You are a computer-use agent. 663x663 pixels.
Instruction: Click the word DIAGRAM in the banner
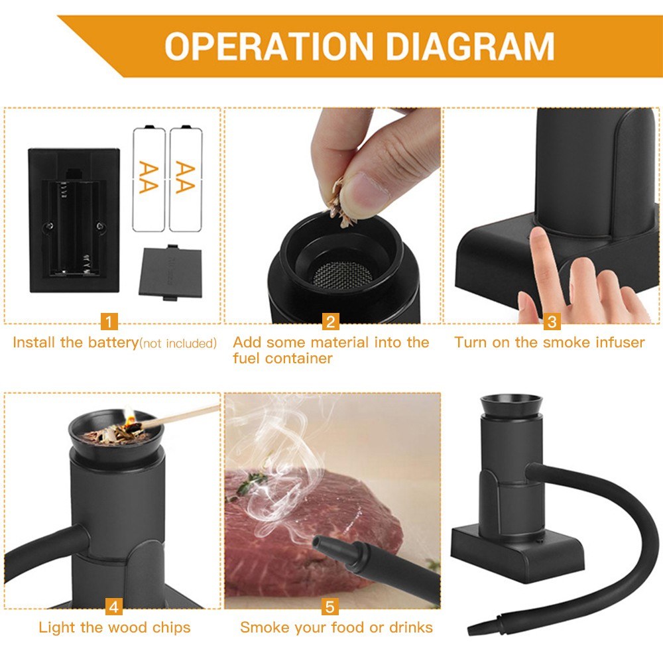click(470, 46)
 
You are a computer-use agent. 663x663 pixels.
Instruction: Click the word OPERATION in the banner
click(269, 46)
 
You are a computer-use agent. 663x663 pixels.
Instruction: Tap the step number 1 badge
click(109, 322)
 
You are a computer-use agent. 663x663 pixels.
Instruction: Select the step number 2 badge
click(331, 322)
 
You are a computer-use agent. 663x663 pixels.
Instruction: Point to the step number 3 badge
click(552, 322)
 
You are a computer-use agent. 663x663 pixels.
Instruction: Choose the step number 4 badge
click(114, 607)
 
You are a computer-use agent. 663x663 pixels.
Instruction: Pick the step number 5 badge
click(330, 607)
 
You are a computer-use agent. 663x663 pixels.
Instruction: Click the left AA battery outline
click(149, 178)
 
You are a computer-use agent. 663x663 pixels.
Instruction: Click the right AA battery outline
click(186, 178)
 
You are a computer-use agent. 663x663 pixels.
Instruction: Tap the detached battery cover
click(170, 272)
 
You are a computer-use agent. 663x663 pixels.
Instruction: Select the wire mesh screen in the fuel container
click(342, 273)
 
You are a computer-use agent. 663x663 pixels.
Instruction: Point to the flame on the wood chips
click(129, 416)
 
